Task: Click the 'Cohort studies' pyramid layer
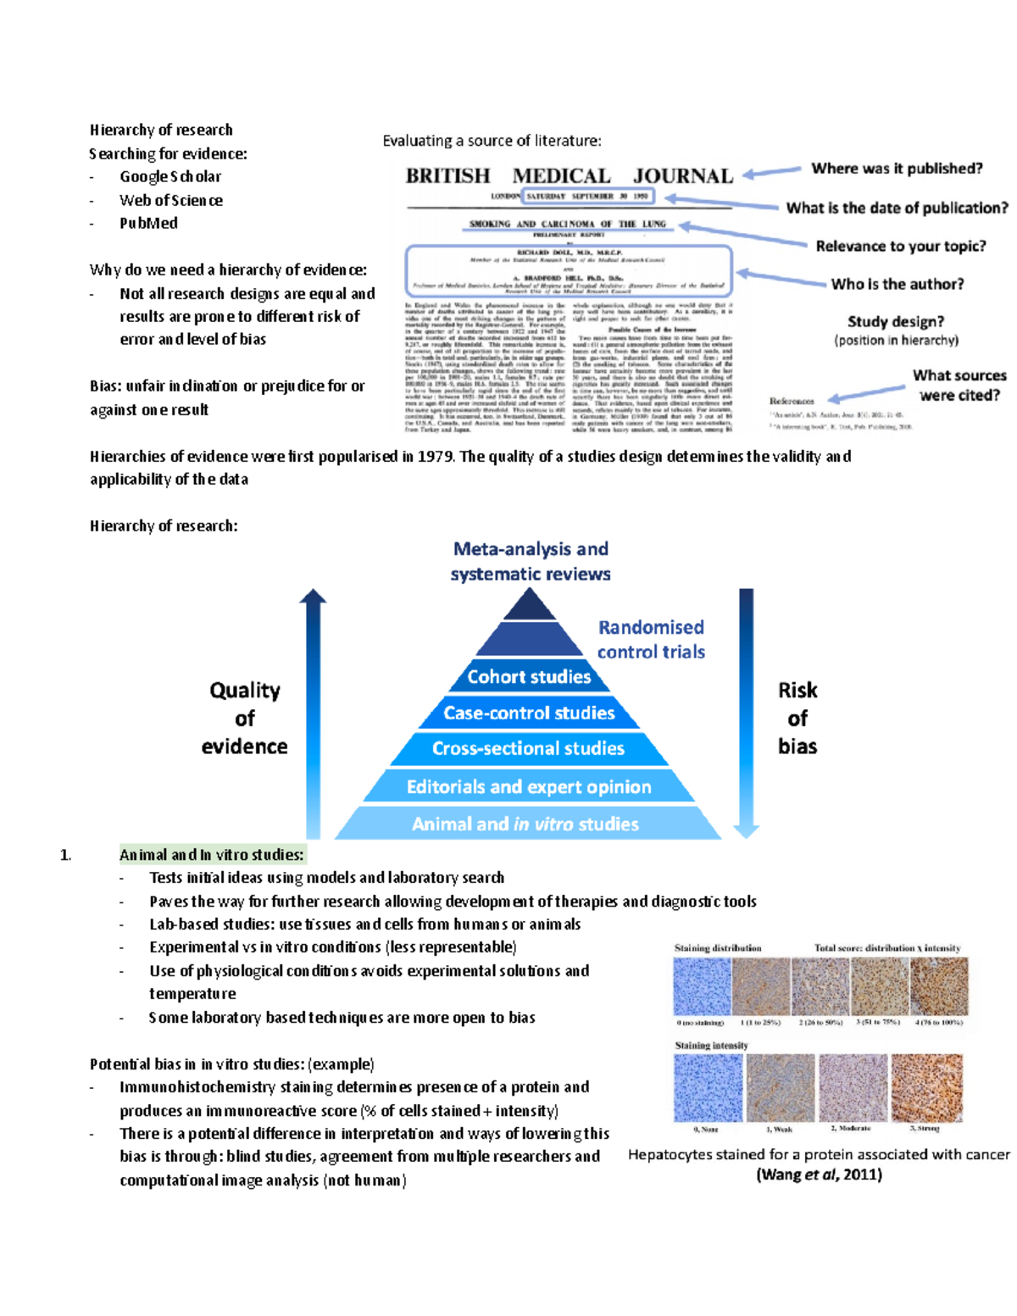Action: tap(529, 676)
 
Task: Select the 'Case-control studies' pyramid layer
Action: tap(529, 713)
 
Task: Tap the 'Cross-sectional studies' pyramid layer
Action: tap(528, 748)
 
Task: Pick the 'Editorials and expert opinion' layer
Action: tap(529, 786)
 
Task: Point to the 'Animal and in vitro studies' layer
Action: tap(525, 824)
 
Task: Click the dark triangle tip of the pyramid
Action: tap(529, 605)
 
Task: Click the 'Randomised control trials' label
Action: tap(651, 639)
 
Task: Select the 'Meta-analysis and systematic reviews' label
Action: tap(531, 561)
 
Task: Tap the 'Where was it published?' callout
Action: tap(897, 168)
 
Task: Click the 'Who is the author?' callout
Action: tap(897, 284)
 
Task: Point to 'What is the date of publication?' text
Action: tap(897, 208)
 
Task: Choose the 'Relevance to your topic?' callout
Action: tap(900, 246)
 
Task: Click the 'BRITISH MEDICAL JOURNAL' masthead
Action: tap(569, 175)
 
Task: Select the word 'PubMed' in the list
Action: tap(148, 223)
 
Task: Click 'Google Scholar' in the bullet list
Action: tap(169, 176)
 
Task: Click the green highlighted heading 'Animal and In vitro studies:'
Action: tap(211, 854)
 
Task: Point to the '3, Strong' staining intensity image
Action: tap(927, 1088)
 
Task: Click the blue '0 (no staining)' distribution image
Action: tap(701, 986)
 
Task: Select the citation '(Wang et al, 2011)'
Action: tap(819, 1174)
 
